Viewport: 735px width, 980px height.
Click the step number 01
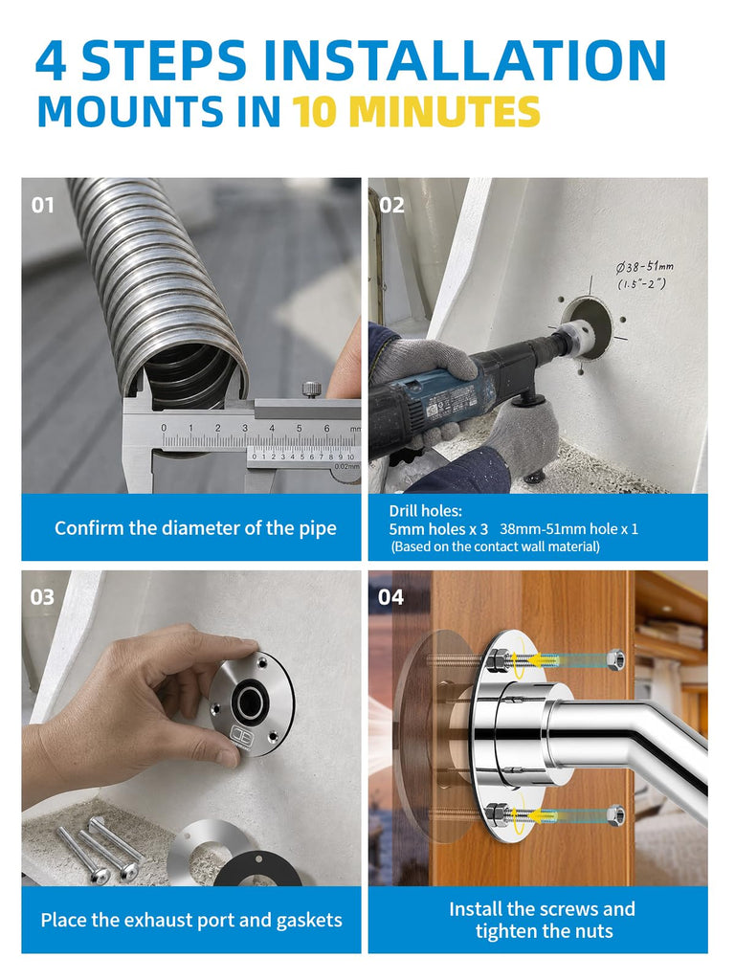click(42, 205)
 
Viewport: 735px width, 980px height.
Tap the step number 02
click(391, 205)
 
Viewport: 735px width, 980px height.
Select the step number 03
click(42, 597)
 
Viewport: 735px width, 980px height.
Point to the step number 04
click(390, 597)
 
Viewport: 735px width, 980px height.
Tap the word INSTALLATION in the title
click(464, 60)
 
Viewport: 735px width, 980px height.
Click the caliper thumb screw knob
click(311, 389)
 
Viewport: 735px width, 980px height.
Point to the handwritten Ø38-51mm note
click(644, 275)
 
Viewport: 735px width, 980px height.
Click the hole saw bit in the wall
click(575, 332)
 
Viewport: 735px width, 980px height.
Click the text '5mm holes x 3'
click(438, 528)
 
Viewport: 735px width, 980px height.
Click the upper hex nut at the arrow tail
click(615, 660)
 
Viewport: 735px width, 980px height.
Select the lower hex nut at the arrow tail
click(615, 815)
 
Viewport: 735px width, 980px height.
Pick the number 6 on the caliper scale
click(326, 428)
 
